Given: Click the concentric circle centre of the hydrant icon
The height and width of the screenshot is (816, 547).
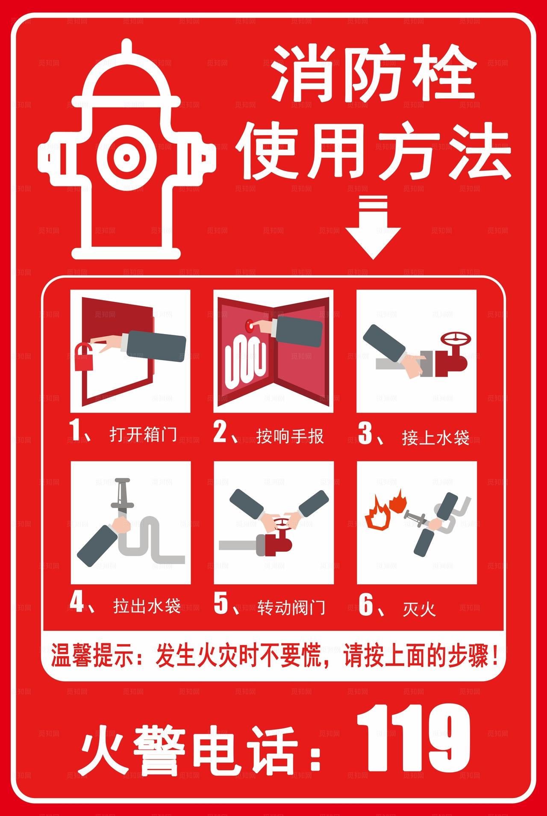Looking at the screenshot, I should tap(126, 157).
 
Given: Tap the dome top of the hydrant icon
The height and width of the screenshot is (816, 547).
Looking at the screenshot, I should tap(126, 77).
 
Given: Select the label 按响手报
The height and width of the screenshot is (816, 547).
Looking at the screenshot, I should tap(290, 436).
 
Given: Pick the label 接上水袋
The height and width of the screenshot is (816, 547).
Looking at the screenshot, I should tap(435, 438).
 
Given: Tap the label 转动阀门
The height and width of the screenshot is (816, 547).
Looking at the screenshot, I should tap(291, 608).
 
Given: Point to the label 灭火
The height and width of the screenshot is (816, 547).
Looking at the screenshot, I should tap(418, 609).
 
